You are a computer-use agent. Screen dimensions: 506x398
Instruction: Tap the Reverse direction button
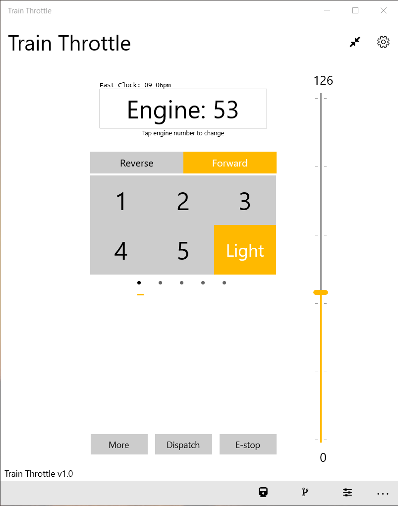(x=137, y=163)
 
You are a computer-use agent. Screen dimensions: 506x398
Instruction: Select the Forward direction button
(x=229, y=163)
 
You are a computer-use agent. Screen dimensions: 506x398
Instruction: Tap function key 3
(x=245, y=201)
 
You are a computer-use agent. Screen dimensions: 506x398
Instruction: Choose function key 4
(x=121, y=251)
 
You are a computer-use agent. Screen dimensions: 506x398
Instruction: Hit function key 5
(x=183, y=251)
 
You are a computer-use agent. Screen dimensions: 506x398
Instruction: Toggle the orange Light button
(x=245, y=250)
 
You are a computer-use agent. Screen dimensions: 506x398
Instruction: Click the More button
(x=119, y=445)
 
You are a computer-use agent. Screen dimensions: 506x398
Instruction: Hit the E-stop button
(x=248, y=445)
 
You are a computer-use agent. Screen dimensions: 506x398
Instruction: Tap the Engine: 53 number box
(x=183, y=109)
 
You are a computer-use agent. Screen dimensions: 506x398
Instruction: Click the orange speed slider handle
(x=321, y=292)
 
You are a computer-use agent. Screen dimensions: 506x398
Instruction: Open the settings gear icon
(x=383, y=42)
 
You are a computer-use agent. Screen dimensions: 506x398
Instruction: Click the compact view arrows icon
(x=355, y=42)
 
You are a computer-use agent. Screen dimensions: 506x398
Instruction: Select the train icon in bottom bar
(x=263, y=492)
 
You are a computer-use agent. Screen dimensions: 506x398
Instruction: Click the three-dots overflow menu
(x=383, y=494)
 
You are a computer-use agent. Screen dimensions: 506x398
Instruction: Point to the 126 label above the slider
(x=323, y=80)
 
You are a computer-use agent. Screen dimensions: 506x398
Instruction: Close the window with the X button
(x=383, y=10)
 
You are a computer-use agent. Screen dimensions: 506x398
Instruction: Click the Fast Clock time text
(x=135, y=85)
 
